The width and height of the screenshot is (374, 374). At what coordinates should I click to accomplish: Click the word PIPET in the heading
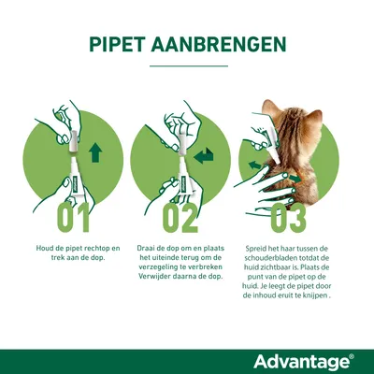pyautogui.click(x=120, y=45)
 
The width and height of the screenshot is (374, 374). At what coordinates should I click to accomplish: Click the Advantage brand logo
pyautogui.click(x=298, y=361)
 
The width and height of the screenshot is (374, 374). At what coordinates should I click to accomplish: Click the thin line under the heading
pyautogui.click(x=187, y=66)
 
